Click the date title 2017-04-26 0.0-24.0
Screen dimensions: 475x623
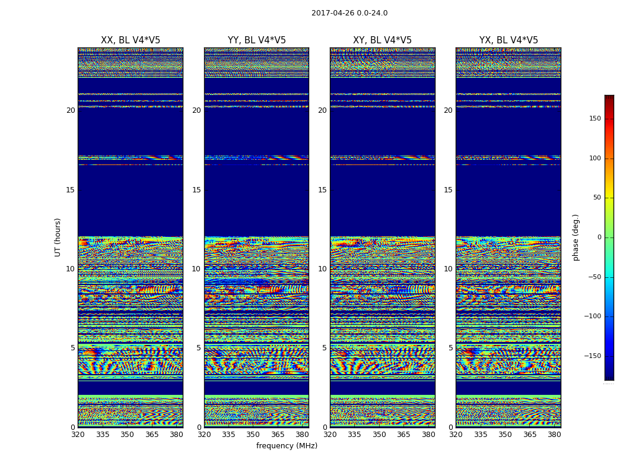coord(349,13)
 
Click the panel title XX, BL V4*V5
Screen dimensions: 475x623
coord(131,40)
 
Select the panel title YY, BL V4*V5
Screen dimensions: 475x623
coord(256,40)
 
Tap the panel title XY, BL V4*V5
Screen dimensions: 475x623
coord(382,40)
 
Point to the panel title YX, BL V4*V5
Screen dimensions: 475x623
coord(508,40)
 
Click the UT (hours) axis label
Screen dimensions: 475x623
coord(58,237)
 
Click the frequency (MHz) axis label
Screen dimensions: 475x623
coord(287,446)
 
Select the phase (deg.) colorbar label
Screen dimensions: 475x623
coord(576,237)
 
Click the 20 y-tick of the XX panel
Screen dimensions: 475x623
coord(71,110)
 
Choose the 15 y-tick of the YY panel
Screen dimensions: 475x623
coord(196,190)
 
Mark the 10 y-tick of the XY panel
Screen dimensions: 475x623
coord(322,269)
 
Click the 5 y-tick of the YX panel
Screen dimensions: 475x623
coord(450,348)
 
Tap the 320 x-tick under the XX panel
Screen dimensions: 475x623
coord(78,435)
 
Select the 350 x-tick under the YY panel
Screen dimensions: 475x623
coord(253,435)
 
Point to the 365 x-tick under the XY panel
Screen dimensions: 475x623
coord(403,435)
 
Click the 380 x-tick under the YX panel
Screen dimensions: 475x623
coord(554,435)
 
